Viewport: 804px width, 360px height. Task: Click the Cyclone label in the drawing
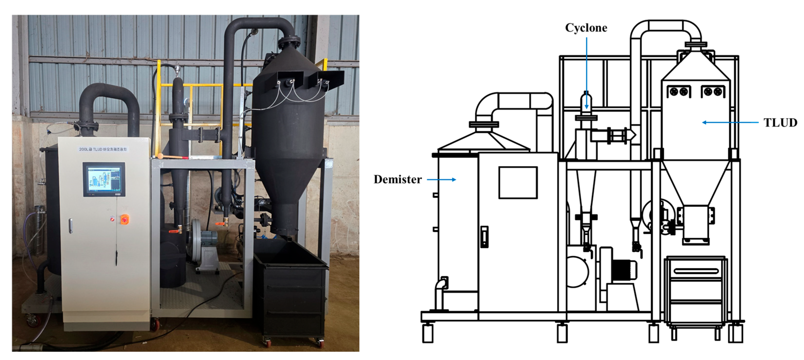coord(586,28)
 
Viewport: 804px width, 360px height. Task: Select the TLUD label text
coord(780,123)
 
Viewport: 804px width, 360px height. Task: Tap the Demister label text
coord(398,180)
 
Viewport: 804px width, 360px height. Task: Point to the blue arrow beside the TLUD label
coord(730,122)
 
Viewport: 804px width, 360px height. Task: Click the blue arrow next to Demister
coord(441,180)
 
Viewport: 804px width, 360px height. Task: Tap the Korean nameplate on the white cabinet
coord(103,149)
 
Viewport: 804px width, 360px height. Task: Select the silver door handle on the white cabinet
coord(71,226)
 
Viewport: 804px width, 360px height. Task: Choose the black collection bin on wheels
coord(290,290)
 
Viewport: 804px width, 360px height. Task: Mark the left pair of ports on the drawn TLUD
coord(679,92)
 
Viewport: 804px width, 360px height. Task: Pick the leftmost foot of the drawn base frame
coord(428,333)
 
